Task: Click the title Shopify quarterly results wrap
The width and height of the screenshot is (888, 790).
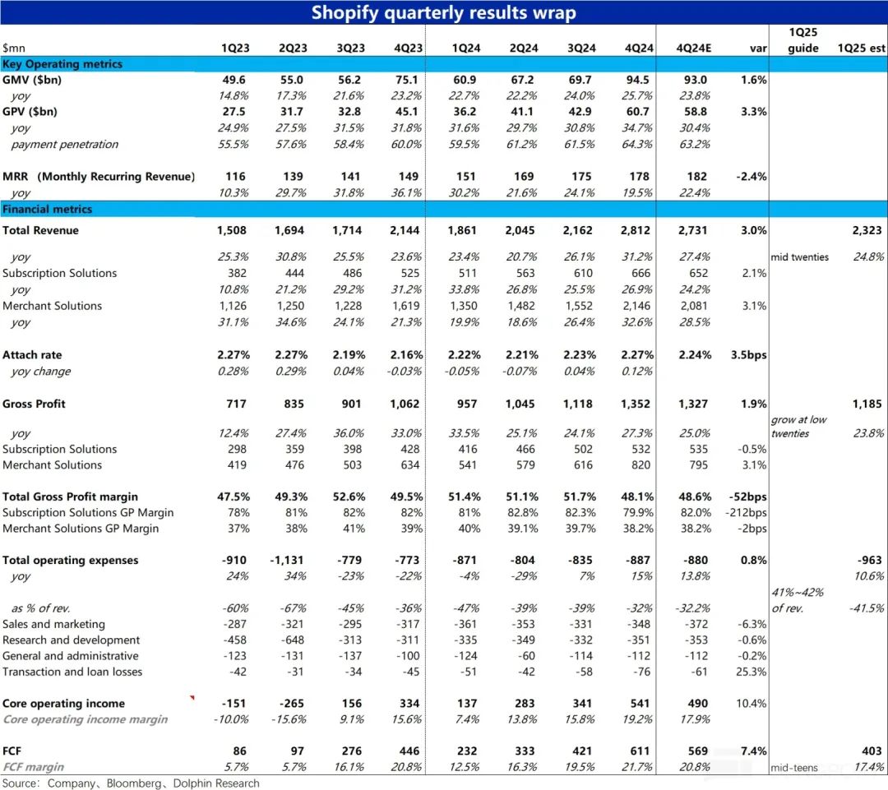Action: point(444,13)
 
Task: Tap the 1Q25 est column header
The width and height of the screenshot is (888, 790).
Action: point(861,49)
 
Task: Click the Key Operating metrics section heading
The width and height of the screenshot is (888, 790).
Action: point(62,64)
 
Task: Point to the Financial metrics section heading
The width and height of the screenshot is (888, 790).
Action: point(48,210)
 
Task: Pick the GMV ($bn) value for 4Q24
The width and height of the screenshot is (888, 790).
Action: point(638,81)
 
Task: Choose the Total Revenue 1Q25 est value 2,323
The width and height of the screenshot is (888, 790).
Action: point(867,231)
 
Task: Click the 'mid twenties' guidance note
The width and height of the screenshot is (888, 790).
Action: point(800,257)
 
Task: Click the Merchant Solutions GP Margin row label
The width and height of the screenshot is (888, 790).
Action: point(81,529)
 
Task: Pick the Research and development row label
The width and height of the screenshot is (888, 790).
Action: point(72,640)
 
